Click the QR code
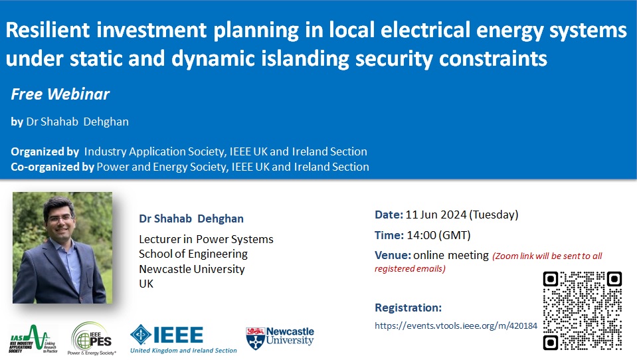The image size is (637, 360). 583,311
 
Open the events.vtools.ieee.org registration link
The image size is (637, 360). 456,325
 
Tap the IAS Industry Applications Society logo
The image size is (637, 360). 33,339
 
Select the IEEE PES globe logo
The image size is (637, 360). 92,339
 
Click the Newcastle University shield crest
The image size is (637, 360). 255,339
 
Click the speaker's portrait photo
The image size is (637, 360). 62,248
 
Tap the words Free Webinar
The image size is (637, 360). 60,94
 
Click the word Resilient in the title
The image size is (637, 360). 48,30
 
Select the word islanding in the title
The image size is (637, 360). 305,58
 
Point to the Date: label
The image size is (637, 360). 389,215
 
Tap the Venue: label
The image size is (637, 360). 393,255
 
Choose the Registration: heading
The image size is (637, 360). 408,308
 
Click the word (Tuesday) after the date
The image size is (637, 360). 494,215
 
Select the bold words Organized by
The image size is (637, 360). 45,151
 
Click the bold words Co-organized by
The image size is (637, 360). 52,167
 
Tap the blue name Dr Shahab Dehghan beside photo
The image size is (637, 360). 191,219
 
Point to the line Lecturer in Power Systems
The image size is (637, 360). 206,239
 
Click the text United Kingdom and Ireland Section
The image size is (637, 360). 183,350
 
